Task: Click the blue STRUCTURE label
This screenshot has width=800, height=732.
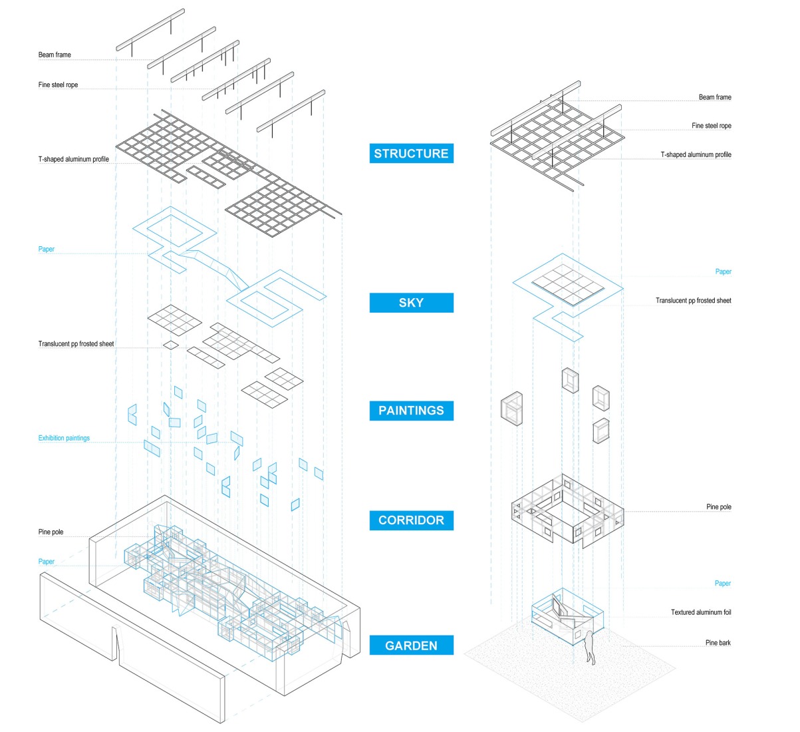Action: click(411, 154)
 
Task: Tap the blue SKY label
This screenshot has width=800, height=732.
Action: click(411, 303)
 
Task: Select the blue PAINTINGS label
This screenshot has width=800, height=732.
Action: click(411, 411)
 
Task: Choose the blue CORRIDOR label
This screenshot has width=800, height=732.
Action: click(411, 520)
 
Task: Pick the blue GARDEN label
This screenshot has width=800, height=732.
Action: click(411, 645)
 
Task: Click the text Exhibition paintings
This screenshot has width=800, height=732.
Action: click(64, 438)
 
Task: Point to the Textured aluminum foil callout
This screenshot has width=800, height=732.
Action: click(700, 612)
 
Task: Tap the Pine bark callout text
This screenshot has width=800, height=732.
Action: click(718, 643)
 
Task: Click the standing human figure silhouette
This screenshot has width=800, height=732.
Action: click(589, 647)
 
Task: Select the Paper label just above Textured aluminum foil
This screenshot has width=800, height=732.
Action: click(722, 584)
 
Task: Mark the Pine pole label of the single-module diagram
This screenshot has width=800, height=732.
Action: click(718, 507)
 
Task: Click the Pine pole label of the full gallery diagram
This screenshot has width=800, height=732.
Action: click(51, 532)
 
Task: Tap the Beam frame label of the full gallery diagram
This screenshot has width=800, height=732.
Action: click(55, 55)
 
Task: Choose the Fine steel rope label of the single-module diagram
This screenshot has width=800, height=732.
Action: click(711, 126)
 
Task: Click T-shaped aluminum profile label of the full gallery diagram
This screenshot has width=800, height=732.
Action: click(73, 160)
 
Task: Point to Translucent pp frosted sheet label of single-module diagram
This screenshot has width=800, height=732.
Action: click(693, 301)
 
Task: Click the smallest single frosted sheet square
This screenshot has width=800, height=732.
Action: click(171, 345)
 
